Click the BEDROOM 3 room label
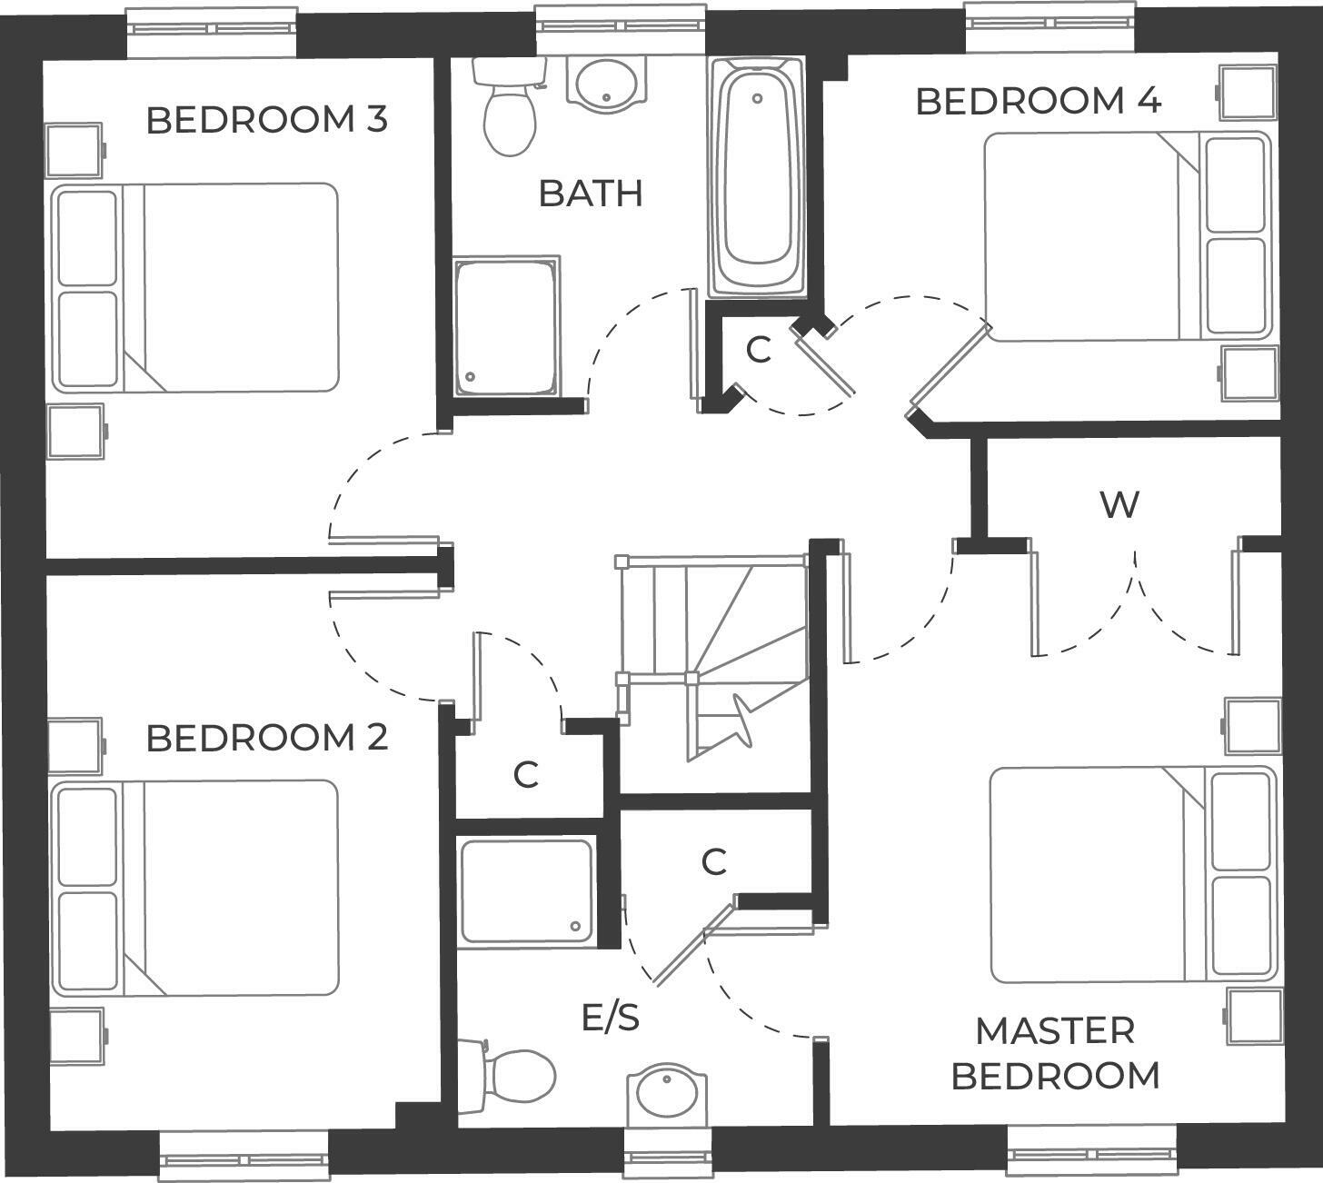(267, 119)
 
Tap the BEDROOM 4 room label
(1038, 101)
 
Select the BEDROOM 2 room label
(267, 738)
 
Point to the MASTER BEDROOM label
(1055, 1053)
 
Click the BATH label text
(591, 194)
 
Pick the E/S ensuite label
(611, 1019)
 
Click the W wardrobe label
(1119, 504)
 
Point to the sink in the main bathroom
(607, 83)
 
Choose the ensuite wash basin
(666, 1095)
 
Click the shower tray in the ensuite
(527, 891)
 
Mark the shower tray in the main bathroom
(506, 327)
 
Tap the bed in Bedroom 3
(195, 288)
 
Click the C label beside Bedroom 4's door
(758, 349)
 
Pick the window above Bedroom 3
(212, 24)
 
